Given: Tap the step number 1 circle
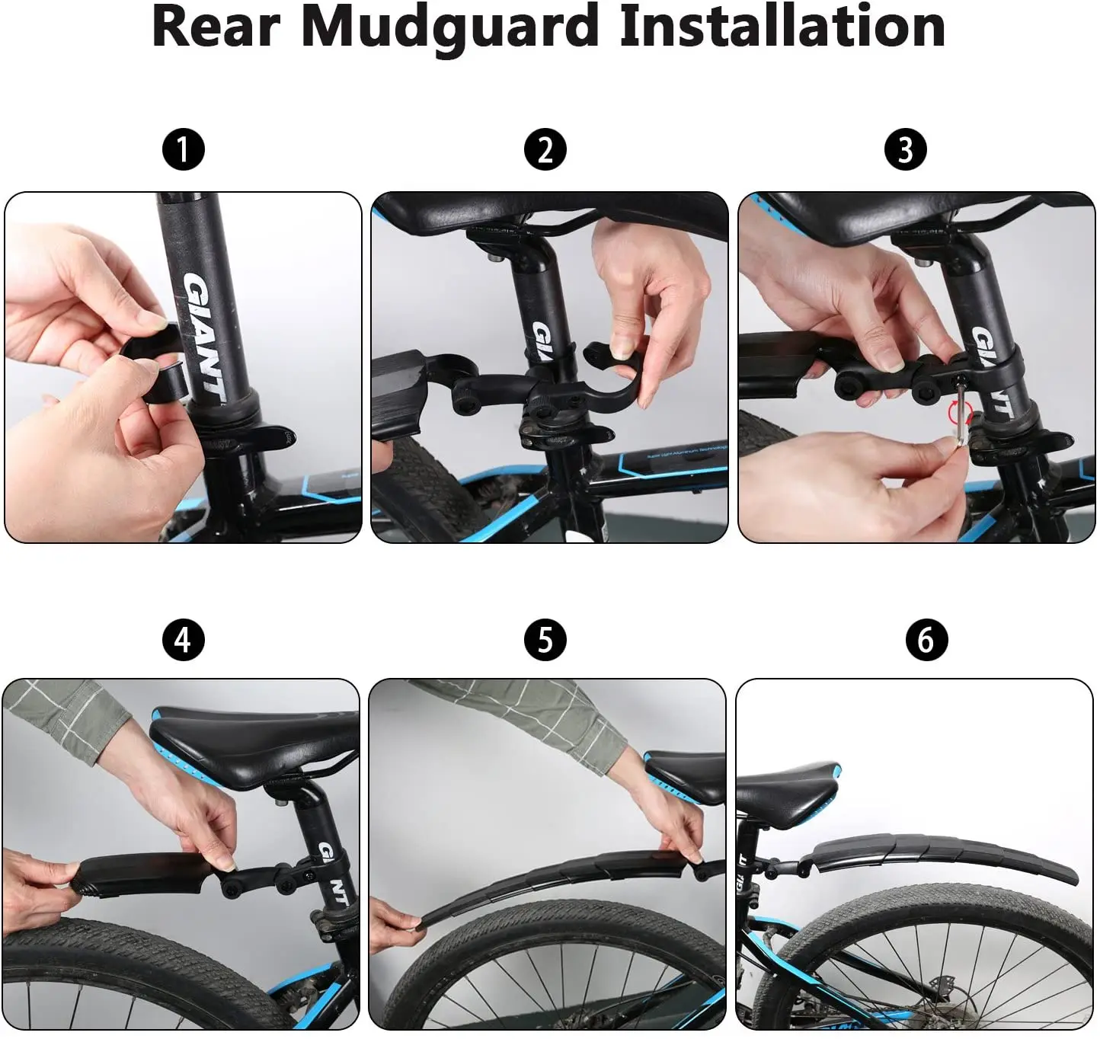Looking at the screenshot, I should point(183,149).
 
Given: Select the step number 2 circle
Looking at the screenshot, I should point(545,149).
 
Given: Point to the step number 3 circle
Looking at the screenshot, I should point(905,149).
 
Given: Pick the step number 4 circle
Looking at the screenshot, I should point(183,639).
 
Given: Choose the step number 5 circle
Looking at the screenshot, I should point(545,639).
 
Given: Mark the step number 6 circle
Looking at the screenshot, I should point(926,639).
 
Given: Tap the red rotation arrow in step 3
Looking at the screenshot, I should point(959,415).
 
